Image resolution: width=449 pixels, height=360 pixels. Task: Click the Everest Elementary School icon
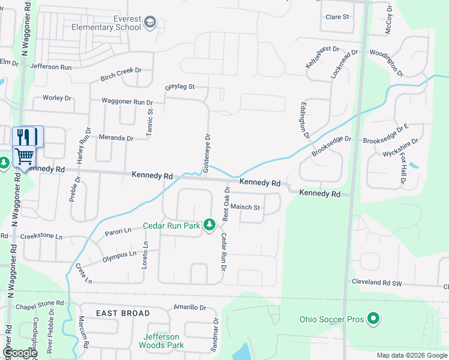(149, 23)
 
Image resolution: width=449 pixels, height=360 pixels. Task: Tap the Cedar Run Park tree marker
(209, 225)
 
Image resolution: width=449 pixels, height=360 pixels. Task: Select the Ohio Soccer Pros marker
(373, 319)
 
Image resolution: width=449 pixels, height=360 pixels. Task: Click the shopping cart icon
(24, 157)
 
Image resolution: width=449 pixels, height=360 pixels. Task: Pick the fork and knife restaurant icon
(24, 136)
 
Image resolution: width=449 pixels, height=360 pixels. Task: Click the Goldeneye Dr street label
(207, 153)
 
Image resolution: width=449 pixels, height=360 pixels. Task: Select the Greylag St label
(180, 87)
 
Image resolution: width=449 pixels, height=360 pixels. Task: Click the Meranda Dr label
(116, 138)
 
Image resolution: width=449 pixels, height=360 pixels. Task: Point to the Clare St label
(337, 17)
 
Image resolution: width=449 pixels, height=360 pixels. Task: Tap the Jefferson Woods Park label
(161, 341)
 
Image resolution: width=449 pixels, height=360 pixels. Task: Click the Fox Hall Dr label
(403, 169)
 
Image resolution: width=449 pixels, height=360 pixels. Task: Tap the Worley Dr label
(58, 98)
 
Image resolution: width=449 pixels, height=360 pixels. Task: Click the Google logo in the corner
(20, 353)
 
